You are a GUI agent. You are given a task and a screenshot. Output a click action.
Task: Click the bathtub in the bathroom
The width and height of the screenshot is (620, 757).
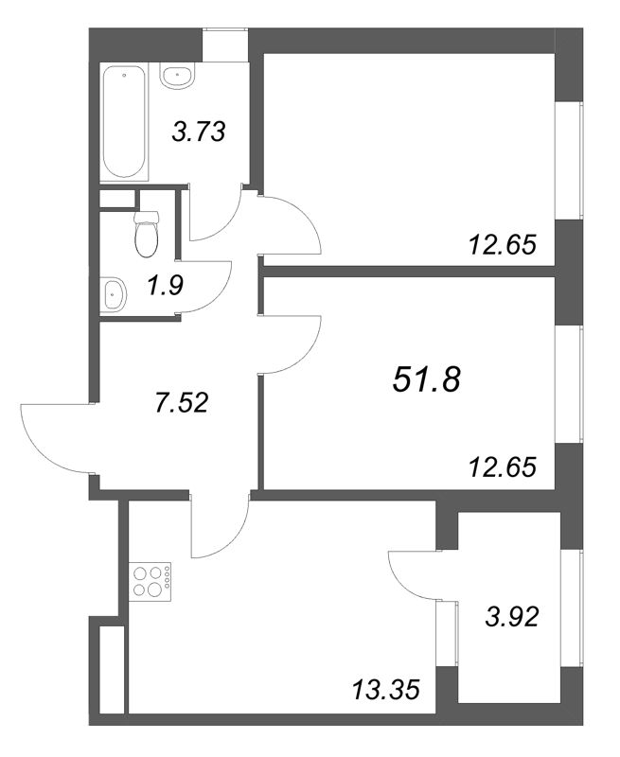click(x=124, y=122)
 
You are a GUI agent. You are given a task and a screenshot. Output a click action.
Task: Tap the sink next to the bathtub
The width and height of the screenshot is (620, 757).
click(x=178, y=77)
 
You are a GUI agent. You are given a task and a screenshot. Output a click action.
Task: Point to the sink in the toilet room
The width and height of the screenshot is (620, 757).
click(x=114, y=294)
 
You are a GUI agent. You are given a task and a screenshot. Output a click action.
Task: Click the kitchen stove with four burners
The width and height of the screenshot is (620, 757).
click(x=151, y=581)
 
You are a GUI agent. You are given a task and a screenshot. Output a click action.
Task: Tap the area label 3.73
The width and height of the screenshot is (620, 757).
click(x=199, y=132)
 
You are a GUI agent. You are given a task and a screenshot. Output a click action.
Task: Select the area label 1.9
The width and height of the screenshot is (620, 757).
click(x=164, y=286)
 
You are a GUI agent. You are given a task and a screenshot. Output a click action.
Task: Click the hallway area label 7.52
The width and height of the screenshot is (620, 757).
click(x=181, y=402)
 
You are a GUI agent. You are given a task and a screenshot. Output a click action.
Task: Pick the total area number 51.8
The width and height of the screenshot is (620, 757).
click(x=427, y=379)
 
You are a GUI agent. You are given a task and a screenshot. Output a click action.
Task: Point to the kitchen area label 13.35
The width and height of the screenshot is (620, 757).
click(x=385, y=691)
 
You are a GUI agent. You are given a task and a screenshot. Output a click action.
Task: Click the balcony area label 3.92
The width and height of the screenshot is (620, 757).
click(x=511, y=617)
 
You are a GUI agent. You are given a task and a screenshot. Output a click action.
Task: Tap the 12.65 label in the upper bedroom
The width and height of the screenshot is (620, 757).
click(x=503, y=245)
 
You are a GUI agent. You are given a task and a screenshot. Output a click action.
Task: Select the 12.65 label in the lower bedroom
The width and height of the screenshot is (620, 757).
click(x=503, y=467)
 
